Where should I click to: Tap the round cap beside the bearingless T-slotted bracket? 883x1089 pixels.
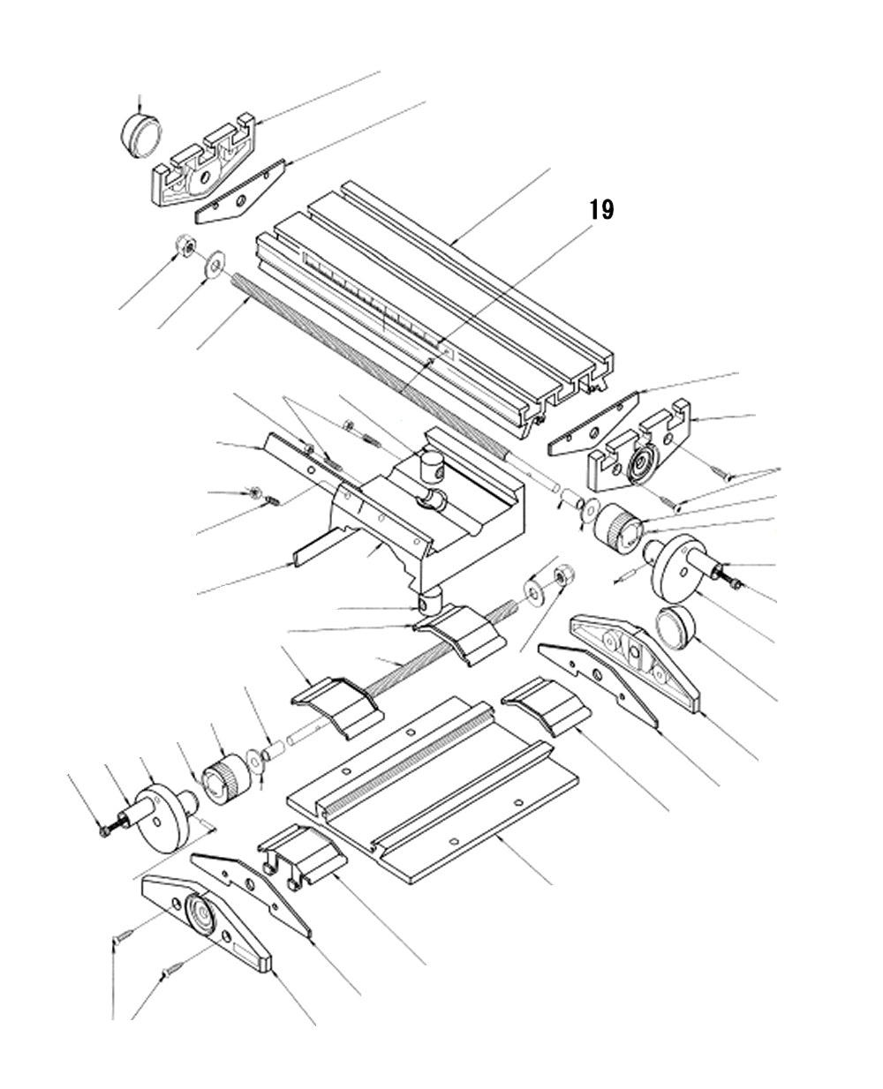[x=141, y=135]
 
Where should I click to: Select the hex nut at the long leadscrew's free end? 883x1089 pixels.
[x=185, y=247]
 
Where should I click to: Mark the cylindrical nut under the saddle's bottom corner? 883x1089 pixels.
[x=429, y=603]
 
